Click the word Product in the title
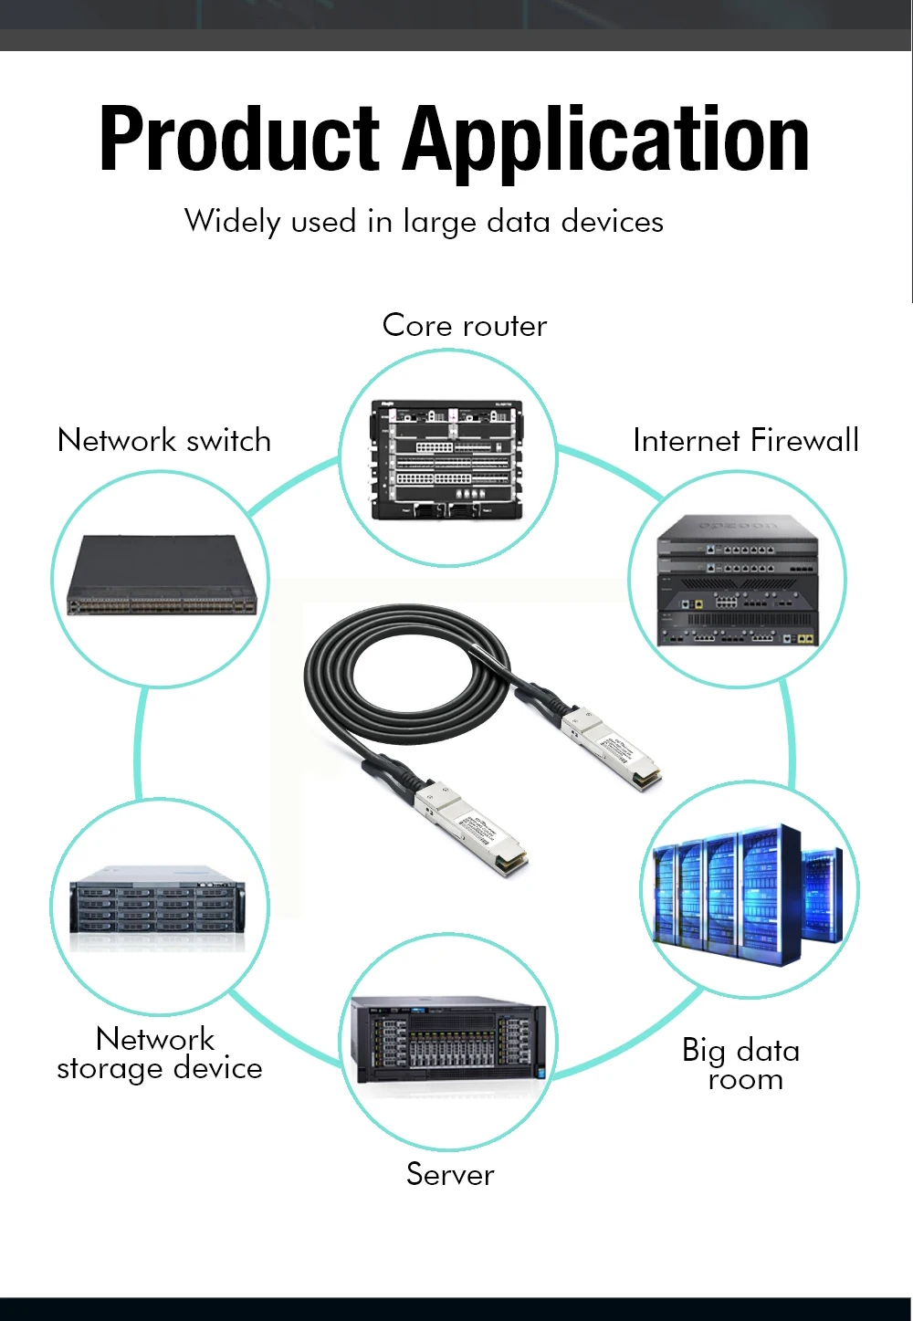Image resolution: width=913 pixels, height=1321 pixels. (x=239, y=139)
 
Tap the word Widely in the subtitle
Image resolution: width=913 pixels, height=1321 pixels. (x=232, y=222)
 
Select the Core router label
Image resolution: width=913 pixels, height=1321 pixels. (x=464, y=326)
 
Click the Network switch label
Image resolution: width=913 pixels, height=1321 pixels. (x=164, y=441)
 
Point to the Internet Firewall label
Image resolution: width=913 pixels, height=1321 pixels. (x=746, y=441)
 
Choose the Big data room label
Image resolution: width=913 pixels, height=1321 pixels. (x=741, y=1064)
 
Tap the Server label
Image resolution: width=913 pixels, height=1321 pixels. (x=450, y=1174)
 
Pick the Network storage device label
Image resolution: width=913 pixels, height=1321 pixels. (x=160, y=1054)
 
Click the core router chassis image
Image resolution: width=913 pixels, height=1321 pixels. (x=447, y=459)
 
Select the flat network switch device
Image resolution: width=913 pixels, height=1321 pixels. (x=162, y=576)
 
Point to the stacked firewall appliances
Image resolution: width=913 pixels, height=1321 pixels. (x=738, y=581)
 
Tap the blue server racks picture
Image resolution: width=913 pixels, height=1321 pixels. (x=749, y=891)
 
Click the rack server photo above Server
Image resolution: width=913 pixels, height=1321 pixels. (x=449, y=1040)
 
